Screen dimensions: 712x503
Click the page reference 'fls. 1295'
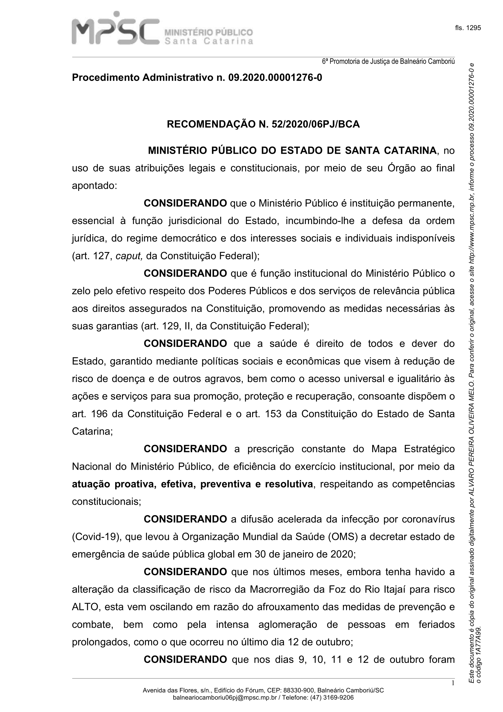coord(468,28)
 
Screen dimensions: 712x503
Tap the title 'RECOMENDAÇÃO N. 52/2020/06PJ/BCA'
coord(263,125)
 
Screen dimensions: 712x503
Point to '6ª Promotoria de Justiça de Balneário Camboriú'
coord(388,61)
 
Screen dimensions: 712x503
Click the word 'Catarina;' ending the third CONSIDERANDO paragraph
coord(92,431)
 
